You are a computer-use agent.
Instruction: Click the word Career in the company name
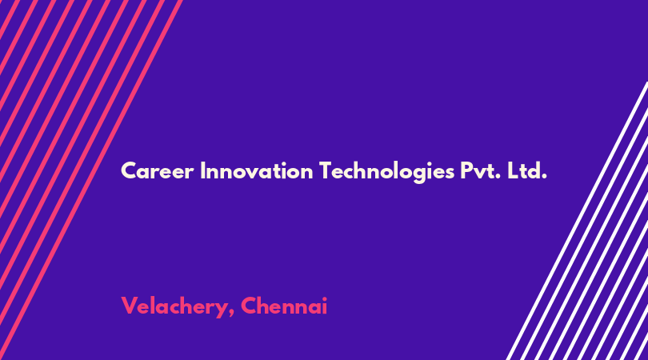click(157, 170)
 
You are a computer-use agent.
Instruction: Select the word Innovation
click(256, 170)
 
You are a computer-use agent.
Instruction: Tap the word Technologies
click(387, 172)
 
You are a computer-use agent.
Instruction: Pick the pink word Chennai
click(284, 306)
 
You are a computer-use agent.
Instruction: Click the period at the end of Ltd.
click(544, 178)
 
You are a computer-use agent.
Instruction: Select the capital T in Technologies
click(326, 170)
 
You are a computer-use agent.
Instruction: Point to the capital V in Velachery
click(130, 306)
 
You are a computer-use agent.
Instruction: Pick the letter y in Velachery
click(222, 310)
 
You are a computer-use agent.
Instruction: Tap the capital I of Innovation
click(202, 170)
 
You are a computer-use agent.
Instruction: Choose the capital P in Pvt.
click(466, 170)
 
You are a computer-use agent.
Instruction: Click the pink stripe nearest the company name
click(91, 180)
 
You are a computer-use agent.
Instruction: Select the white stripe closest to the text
click(577, 221)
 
